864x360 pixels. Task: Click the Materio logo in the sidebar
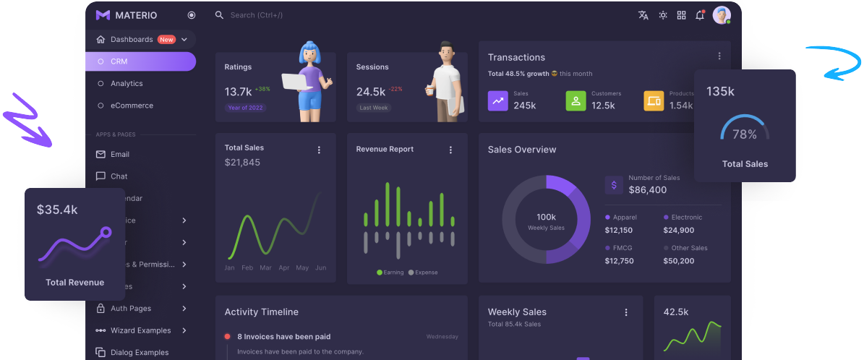tap(103, 15)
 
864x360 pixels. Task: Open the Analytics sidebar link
tap(127, 84)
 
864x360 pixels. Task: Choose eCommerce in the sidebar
tap(132, 106)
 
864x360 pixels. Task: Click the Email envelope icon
tap(100, 154)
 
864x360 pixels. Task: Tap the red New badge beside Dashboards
tap(167, 40)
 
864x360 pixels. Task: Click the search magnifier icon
tap(219, 15)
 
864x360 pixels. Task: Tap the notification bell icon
tap(700, 15)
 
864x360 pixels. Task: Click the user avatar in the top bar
tap(722, 15)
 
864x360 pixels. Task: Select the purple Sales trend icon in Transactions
tap(498, 100)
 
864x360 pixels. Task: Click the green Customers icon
tap(576, 100)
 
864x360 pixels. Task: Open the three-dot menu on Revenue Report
tap(450, 150)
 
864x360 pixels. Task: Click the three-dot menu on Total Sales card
tap(319, 150)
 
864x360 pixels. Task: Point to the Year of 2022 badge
tap(246, 108)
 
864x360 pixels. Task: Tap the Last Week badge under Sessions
tap(374, 108)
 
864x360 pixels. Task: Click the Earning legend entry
tap(390, 273)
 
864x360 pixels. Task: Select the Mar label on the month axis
tap(265, 267)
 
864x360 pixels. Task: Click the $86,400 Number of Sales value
tap(647, 190)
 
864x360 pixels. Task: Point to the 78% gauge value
tap(745, 134)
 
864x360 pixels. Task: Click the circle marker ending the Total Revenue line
tap(106, 232)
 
